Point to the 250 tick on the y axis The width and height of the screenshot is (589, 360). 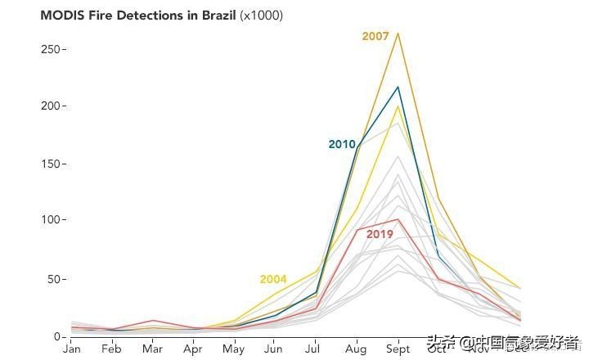53,49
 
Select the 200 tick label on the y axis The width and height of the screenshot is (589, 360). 53,106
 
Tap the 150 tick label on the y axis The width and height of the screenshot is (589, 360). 53,164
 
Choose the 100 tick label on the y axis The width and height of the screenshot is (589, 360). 53,220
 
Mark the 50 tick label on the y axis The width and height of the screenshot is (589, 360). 56,279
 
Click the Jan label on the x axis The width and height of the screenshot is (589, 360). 72,349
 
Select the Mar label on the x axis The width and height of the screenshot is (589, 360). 153,349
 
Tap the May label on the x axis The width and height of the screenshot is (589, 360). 234,349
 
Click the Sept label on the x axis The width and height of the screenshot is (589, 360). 398,349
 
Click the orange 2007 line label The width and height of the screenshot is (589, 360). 375,36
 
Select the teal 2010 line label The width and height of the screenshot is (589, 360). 342,145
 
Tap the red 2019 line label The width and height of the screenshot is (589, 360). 380,235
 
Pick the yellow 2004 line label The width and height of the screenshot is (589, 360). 273,280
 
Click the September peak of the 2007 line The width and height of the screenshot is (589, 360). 398,34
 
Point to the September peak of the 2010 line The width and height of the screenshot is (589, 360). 398,87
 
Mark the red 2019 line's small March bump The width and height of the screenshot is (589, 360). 153,321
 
